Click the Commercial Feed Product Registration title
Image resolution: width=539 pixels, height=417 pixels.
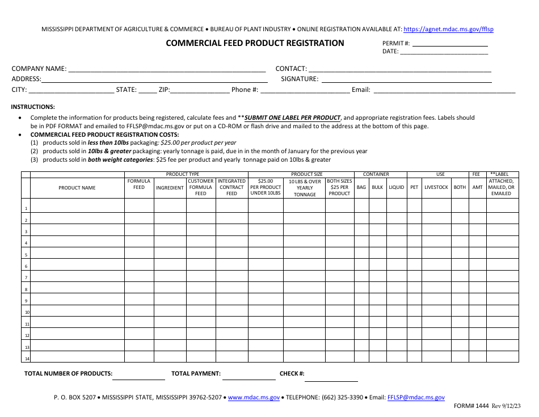tap(255, 43)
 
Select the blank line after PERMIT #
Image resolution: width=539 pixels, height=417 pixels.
tap(449, 44)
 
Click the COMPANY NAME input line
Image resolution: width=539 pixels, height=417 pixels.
tap(167, 69)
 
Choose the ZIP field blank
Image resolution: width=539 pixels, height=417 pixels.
tap(200, 90)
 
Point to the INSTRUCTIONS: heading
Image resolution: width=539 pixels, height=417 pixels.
tap(33, 107)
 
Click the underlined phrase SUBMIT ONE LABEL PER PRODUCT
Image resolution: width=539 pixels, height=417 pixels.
tap(292, 118)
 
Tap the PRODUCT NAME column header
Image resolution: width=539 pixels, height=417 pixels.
tap(77, 188)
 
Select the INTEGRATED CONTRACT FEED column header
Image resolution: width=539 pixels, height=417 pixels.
tap(231, 187)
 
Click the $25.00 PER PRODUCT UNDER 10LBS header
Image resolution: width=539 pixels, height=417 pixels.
tap(266, 187)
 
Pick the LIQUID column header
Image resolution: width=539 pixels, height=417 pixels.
tap(397, 187)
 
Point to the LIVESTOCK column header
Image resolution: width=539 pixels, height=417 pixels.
tap(436, 187)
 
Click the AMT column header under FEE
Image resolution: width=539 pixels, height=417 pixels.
tap(478, 187)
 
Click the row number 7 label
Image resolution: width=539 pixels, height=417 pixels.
tap(26, 277)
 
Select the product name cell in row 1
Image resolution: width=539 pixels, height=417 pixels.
tap(77, 205)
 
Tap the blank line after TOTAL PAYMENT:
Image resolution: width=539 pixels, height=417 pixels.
tap(249, 374)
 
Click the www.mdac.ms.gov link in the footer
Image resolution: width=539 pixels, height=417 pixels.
tap(254, 398)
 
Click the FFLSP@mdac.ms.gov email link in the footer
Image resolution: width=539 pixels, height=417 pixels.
tap(416, 398)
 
